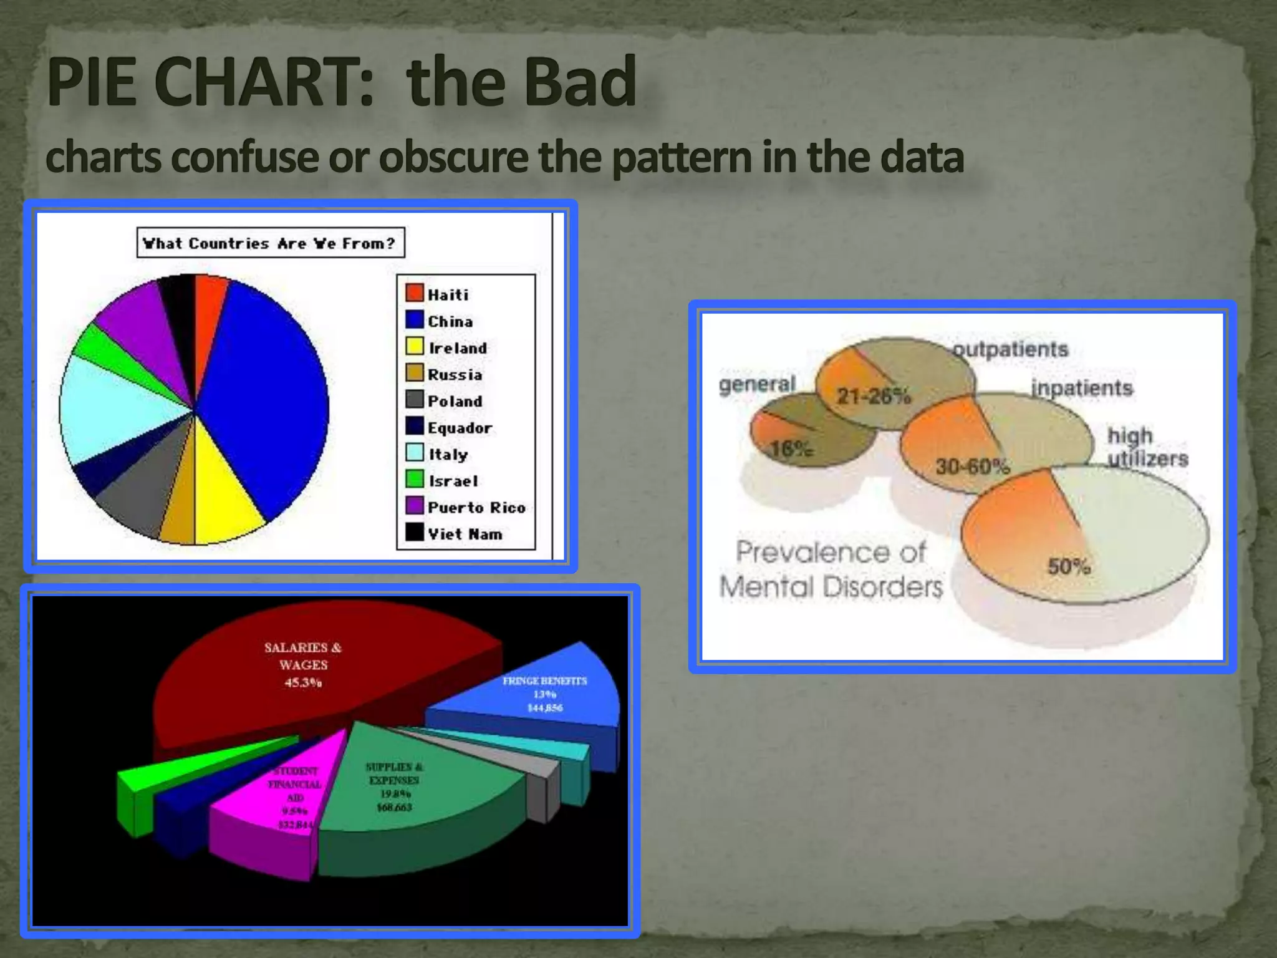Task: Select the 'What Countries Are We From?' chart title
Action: [270, 243]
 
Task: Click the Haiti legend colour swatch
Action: [414, 293]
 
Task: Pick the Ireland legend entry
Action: [456, 348]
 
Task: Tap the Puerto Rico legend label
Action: [476, 508]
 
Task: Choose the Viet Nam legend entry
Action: [464, 535]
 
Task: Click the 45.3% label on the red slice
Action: [303, 682]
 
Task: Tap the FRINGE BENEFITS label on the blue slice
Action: [544, 681]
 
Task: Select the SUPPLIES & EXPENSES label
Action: [394, 773]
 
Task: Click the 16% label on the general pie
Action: [791, 448]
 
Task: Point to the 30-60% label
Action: [972, 467]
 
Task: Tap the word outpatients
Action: [1010, 349]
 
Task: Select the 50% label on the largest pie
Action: [1069, 566]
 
